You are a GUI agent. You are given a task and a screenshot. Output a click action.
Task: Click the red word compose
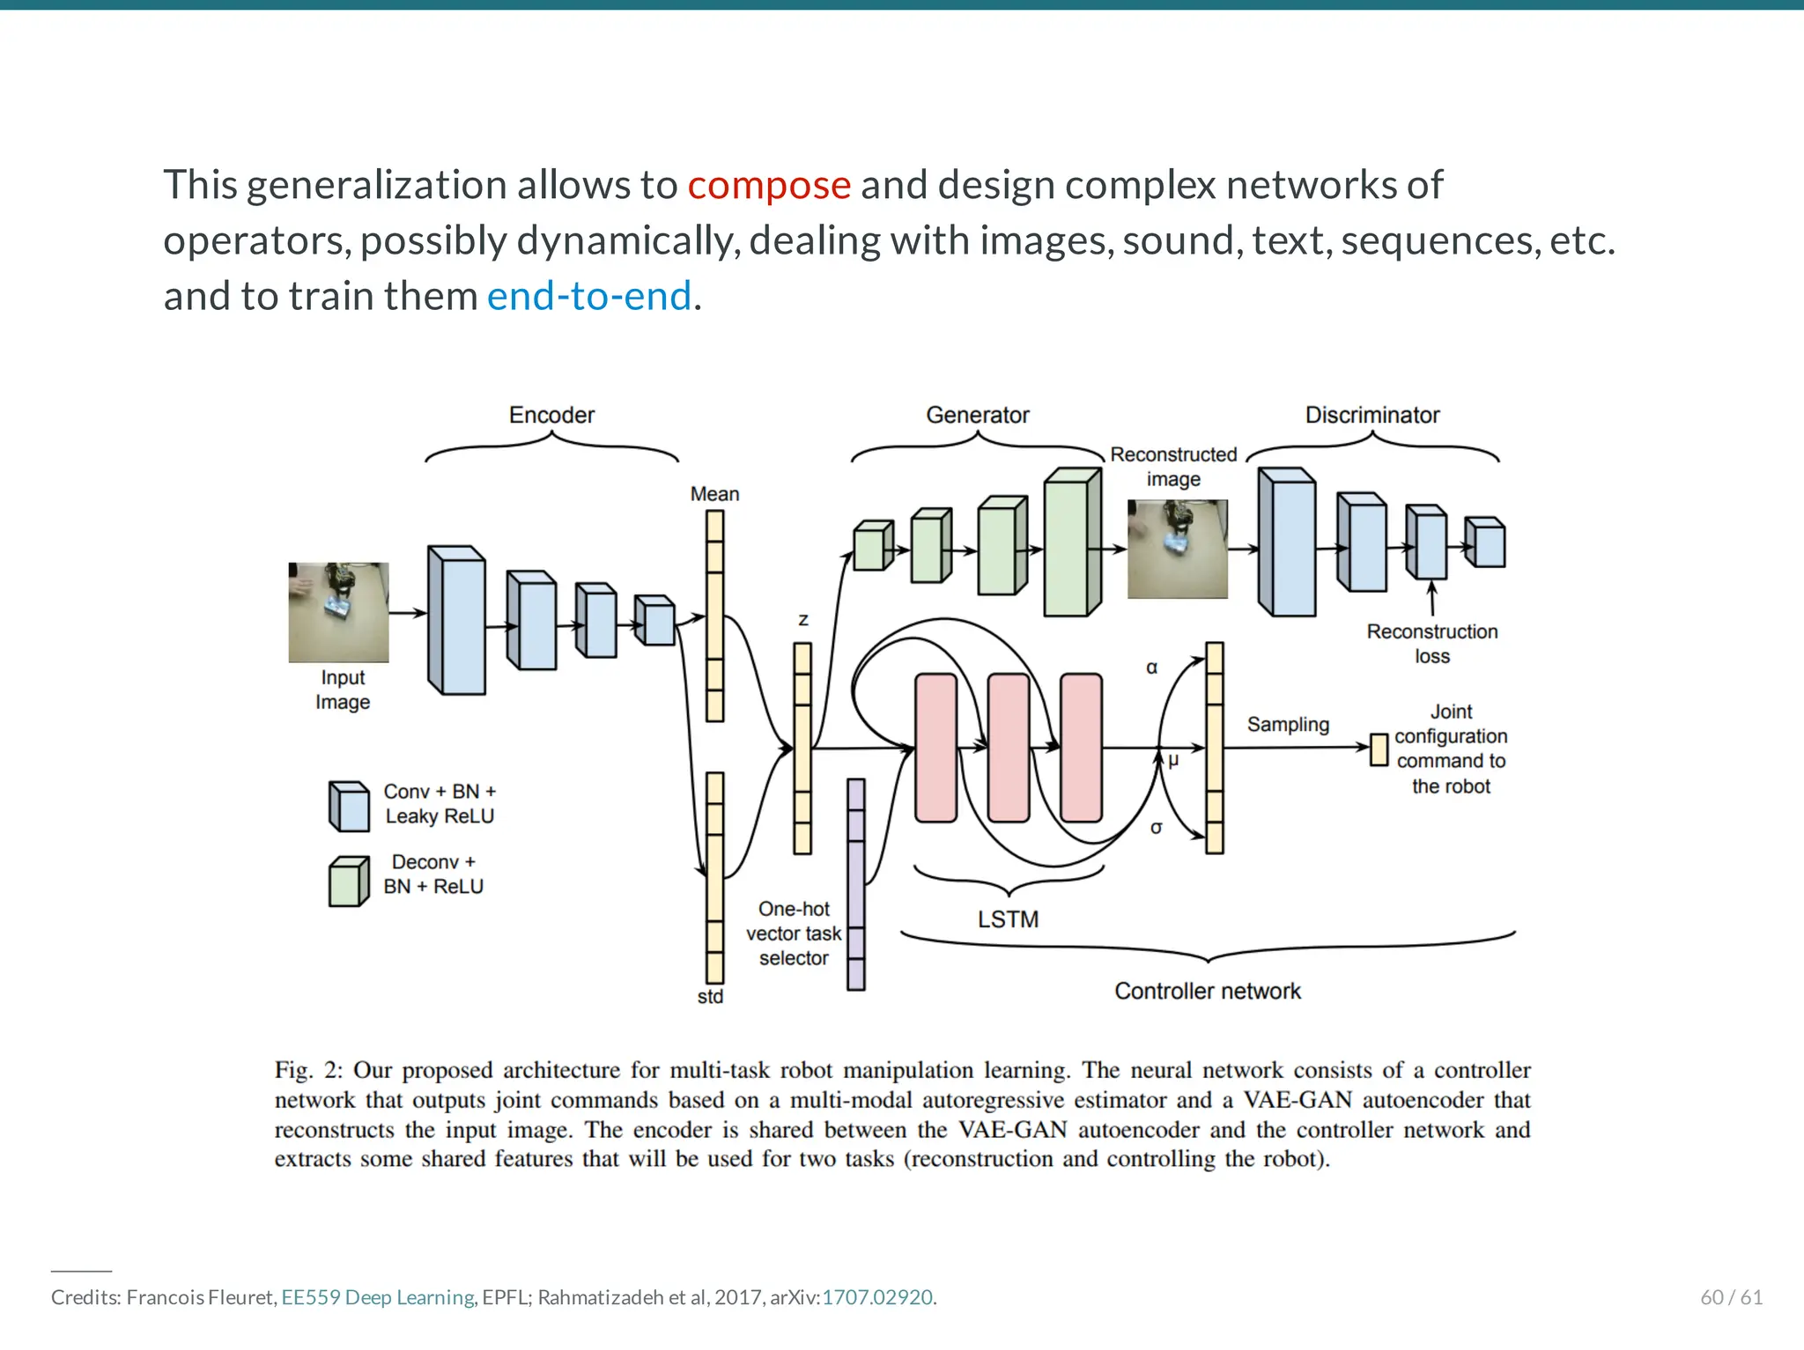(x=768, y=185)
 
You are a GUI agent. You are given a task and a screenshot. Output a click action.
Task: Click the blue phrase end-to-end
(x=588, y=296)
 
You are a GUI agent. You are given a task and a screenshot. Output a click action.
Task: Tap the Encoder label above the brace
(x=551, y=415)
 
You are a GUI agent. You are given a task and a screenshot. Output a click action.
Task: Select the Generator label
(x=977, y=415)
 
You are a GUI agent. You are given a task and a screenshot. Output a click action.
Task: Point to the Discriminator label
(x=1371, y=415)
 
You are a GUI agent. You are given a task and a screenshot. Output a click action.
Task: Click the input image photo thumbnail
(x=338, y=612)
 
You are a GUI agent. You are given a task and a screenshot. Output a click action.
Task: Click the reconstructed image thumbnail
(x=1177, y=550)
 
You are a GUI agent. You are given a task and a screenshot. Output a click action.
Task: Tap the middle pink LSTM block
(x=1009, y=748)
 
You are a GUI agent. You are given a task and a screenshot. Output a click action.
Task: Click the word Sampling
(x=1287, y=725)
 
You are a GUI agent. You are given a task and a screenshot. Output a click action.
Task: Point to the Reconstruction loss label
(x=1431, y=644)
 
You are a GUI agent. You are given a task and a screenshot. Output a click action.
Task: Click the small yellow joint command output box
(x=1379, y=750)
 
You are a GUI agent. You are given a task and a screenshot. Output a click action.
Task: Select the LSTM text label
(x=1008, y=919)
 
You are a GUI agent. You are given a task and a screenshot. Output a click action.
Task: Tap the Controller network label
(x=1207, y=991)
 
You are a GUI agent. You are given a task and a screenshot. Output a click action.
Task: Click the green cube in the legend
(x=347, y=882)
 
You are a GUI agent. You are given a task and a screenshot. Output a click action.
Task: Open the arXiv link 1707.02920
(x=876, y=1297)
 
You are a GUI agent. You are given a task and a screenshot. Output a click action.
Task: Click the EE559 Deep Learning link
(x=379, y=1297)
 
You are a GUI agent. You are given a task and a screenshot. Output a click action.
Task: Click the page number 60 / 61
(x=1730, y=1297)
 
